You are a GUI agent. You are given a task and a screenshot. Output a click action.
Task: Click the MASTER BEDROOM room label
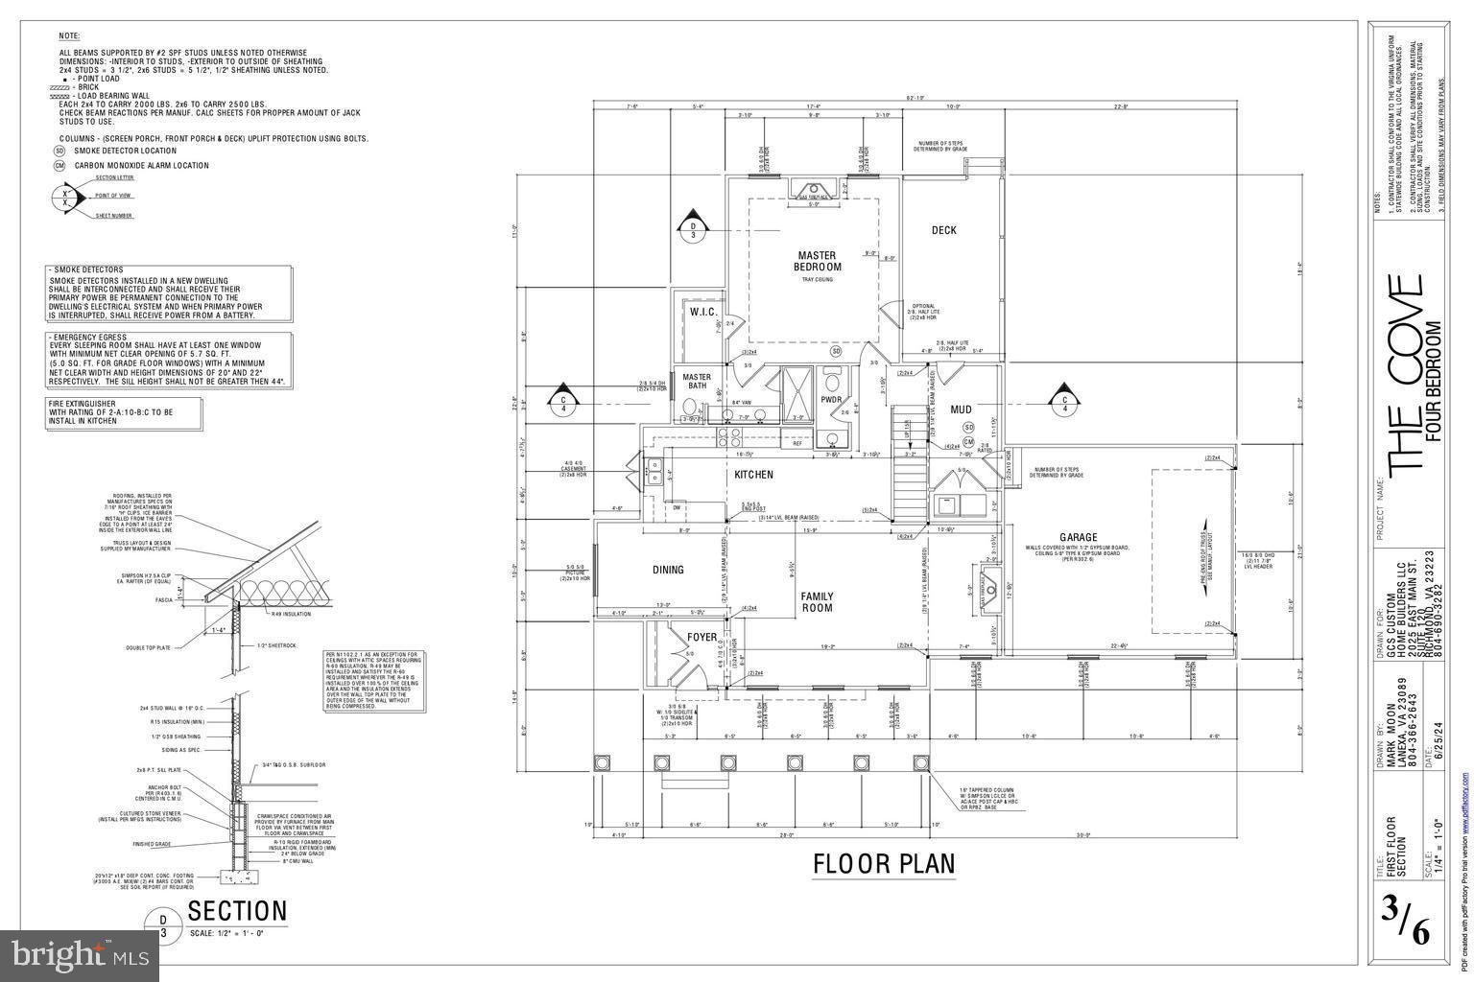click(x=819, y=261)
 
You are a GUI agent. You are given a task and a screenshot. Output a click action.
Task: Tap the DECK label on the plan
click(x=943, y=230)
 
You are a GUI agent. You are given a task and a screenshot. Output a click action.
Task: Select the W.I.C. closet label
click(x=703, y=312)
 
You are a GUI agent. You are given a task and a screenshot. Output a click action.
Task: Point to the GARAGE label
click(x=1078, y=537)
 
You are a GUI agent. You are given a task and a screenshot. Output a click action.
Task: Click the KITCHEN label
click(x=753, y=475)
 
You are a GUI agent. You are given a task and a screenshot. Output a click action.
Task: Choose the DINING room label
click(x=668, y=570)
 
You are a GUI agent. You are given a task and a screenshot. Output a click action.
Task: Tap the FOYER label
click(x=701, y=637)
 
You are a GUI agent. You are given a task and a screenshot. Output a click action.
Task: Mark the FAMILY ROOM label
click(x=817, y=602)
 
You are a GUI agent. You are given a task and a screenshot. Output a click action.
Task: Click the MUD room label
click(x=961, y=409)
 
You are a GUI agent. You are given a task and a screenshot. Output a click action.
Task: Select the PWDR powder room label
click(x=831, y=400)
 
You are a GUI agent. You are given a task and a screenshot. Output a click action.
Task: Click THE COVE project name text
click(x=1405, y=374)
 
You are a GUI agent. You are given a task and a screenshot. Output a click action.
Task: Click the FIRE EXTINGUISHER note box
click(x=124, y=412)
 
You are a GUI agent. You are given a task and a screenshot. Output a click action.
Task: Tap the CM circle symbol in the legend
click(x=59, y=166)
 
